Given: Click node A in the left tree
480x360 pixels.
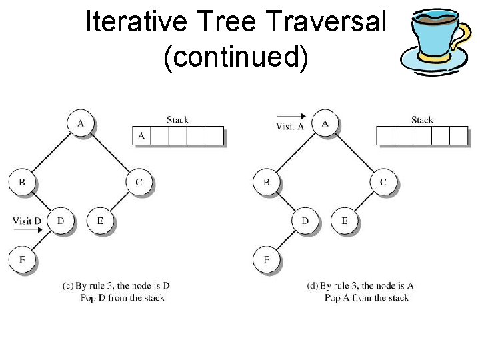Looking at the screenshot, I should click(81, 123).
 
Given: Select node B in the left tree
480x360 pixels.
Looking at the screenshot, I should click(22, 182).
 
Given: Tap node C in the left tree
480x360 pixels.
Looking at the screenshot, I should click(139, 182).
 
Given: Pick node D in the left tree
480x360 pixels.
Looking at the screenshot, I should click(61, 221).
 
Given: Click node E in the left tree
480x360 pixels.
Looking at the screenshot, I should click(100, 221).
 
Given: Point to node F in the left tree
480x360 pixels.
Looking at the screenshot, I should click(22, 259).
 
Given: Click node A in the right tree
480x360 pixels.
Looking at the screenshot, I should click(325, 123).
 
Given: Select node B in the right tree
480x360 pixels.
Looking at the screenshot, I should click(267, 182).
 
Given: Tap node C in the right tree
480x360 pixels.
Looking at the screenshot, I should click(383, 182).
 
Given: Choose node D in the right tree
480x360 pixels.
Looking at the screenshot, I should click(305, 221).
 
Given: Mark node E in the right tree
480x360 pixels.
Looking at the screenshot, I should click(345, 221).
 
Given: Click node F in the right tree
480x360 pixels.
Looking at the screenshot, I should click(267, 259).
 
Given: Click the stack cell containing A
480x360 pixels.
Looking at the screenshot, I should click(141, 136).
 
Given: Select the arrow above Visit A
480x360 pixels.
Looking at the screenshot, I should click(291, 116).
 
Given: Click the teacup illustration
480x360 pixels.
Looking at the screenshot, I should click(436, 43).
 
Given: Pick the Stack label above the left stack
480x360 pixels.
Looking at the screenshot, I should click(177, 120).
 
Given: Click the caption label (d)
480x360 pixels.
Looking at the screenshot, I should click(312, 286).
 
